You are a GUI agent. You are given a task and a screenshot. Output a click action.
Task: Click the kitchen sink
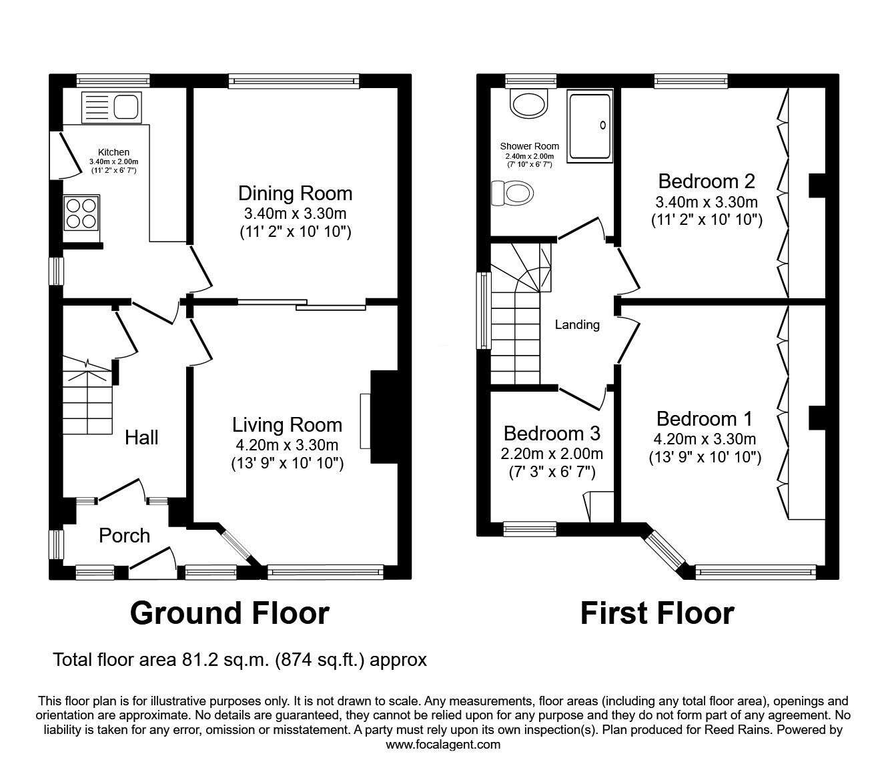[111, 107]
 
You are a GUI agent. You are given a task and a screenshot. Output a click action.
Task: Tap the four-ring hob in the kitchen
[81, 213]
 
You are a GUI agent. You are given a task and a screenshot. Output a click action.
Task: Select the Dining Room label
[296, 194]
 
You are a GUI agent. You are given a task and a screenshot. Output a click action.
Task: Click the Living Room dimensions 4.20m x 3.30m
[287, 445]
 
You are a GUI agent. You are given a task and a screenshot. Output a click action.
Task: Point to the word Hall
[141, 438]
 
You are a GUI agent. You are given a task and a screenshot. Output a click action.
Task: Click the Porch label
[124, 536]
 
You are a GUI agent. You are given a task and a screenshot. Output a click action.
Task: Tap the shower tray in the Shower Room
[590, 126]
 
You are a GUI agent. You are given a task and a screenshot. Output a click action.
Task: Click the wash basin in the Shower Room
[529, 103]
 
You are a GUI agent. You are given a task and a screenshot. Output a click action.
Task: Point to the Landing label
[577, 324]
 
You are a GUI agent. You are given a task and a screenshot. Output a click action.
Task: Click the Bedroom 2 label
[707, 181]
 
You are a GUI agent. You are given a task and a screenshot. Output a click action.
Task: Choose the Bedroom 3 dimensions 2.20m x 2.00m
[552, 454]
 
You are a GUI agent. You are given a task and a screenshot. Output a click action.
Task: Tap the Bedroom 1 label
[705, 419]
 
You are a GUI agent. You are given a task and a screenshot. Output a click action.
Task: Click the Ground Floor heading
[230, 614]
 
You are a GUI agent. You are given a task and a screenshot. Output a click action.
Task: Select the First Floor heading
[658, 614]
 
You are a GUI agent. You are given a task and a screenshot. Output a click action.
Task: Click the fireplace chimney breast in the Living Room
[384, 417]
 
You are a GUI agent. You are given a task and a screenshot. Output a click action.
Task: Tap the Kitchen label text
[113, 152]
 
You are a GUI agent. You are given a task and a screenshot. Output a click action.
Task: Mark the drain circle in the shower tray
[602, 125]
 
